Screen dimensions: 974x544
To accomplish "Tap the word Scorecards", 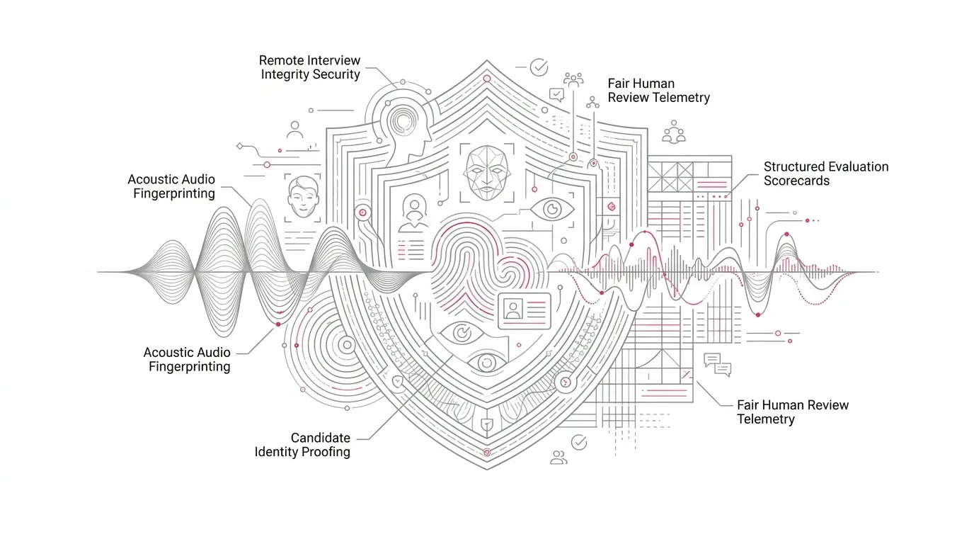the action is click(x=796, y=181).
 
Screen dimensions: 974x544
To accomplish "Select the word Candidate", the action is click(x=321, y=437).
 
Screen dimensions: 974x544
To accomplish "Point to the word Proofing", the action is click(x=328, y=452).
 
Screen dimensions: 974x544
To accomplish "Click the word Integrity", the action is click(x=285, y=74).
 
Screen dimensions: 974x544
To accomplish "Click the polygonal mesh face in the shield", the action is click(x=487, y=173).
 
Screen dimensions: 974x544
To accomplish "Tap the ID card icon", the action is click(x=525, y=311).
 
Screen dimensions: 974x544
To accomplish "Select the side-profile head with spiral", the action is click(x=404, y=126).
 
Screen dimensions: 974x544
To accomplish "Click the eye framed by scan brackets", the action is click(x=552, y=210).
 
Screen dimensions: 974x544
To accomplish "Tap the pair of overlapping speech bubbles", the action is click(x=718, y=365).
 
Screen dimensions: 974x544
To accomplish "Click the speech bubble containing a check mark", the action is click(x=556, y=94).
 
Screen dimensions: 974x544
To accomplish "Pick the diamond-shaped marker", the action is click(x=239, y=146).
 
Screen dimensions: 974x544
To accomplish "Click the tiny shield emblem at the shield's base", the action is click(x=487, y=424).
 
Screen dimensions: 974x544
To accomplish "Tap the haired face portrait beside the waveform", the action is click(x=303, y=197).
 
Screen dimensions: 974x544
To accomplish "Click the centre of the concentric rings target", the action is click(x=347, y=345).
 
